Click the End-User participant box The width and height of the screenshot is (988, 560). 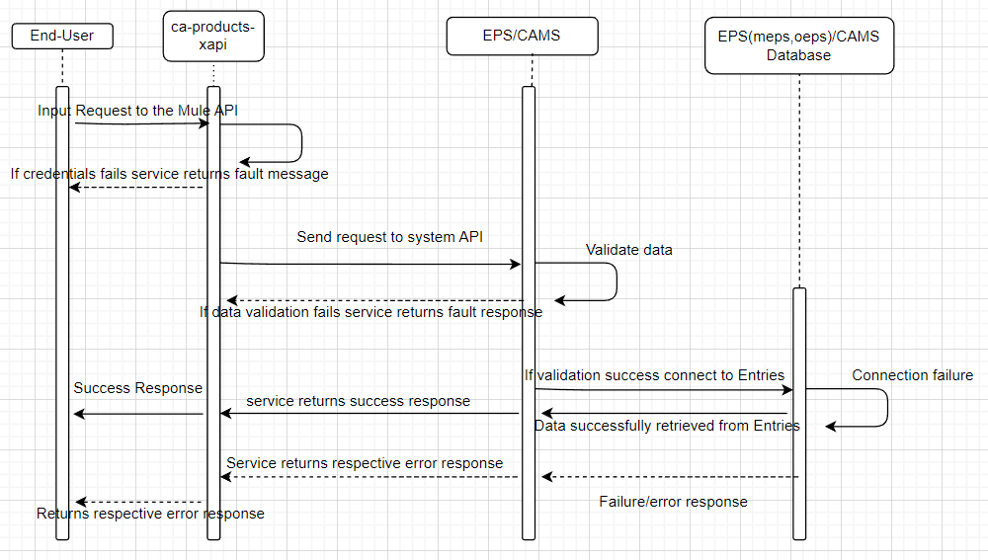62,37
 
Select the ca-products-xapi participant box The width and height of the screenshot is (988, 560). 213,36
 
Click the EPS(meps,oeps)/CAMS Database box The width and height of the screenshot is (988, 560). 798,45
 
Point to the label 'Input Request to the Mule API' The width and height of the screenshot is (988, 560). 137,111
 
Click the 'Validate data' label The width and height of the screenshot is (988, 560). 628,250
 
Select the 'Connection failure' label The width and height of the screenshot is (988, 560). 912,375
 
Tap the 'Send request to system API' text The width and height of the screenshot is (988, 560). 389,237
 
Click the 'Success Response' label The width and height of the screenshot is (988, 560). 137,388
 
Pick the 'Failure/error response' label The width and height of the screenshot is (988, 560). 673,502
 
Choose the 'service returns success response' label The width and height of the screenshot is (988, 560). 358,401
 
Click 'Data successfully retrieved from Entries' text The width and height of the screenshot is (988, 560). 667,426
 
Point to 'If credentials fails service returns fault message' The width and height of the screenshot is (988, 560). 169,174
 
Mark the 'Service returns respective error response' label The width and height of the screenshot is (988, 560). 365,463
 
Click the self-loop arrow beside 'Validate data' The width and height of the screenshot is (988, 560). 616,281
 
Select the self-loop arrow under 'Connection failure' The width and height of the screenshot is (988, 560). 886,407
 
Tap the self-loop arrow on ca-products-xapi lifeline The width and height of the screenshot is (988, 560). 300,143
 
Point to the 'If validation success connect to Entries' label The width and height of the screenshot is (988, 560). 654,375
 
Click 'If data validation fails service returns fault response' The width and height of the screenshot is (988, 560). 370,312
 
